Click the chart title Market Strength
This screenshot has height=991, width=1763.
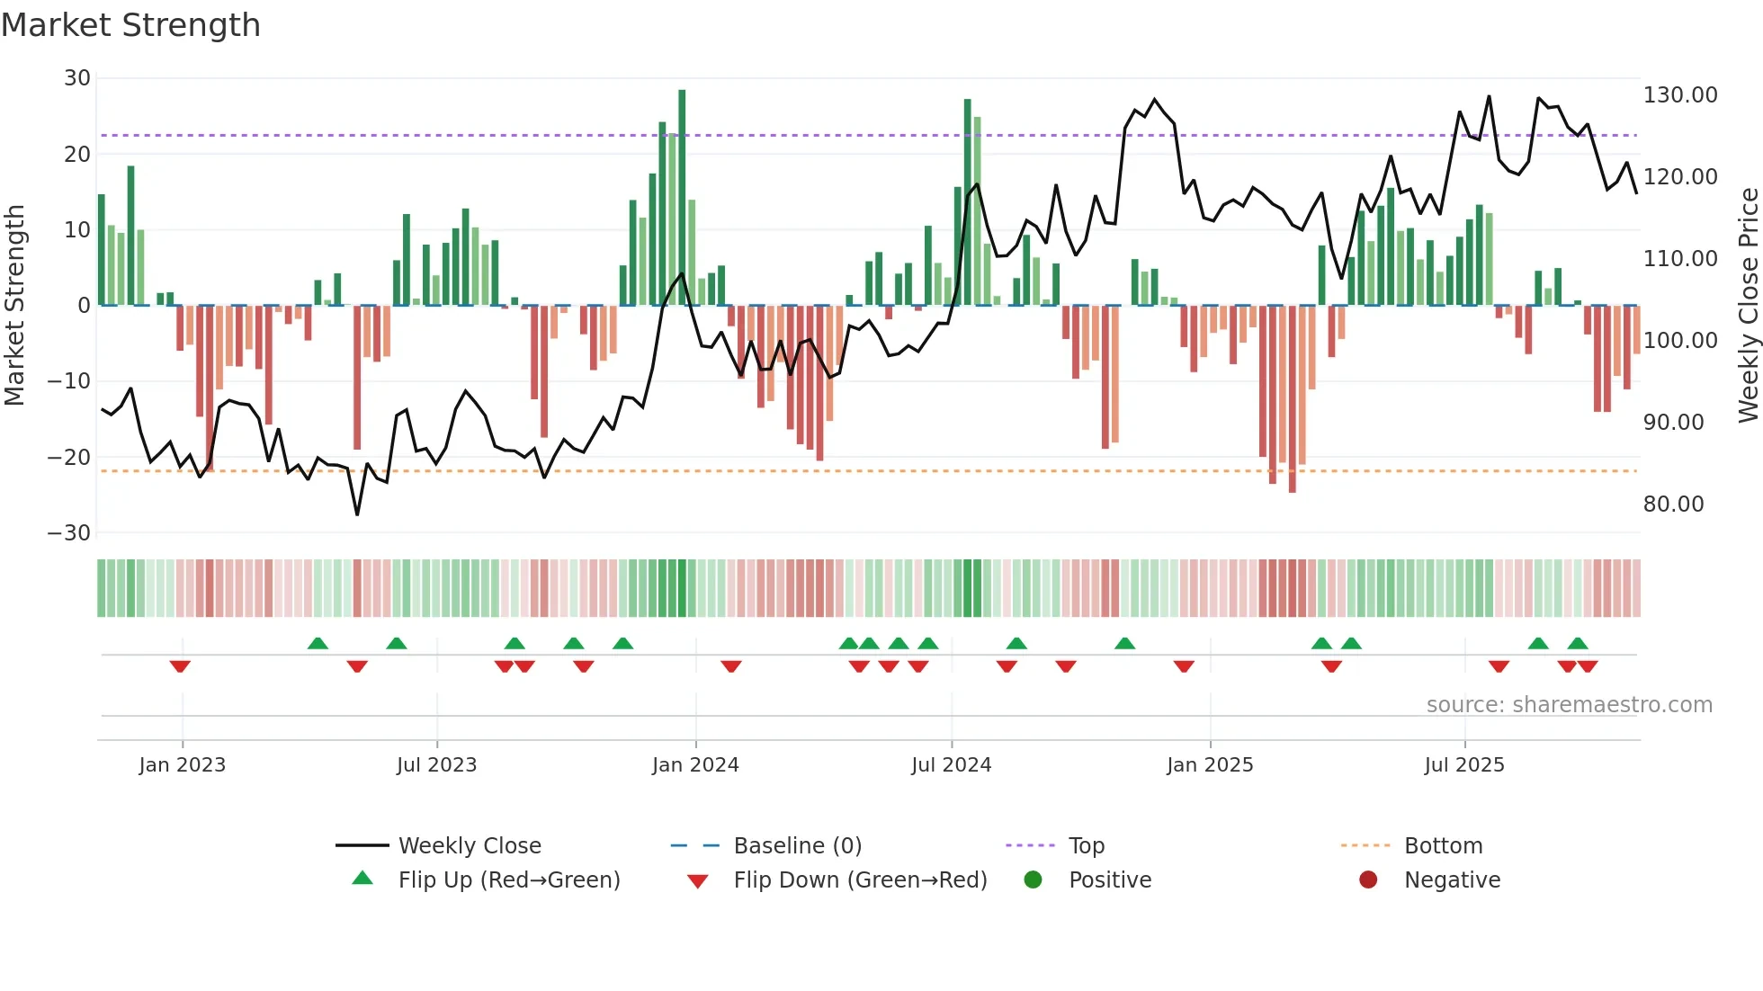pos(131,25)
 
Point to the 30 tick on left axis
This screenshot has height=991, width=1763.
pos(77,78)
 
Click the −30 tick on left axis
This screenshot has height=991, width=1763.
pos(70,533)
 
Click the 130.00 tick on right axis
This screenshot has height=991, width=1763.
pos(1679,95)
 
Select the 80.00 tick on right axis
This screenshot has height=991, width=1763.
pos(1673,504)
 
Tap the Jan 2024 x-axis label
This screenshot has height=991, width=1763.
pos(695,765)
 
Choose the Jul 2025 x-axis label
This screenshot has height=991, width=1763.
pos(1463,765)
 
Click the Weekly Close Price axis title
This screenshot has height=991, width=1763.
pos(1748,306)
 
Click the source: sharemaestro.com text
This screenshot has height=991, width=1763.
pos(1569,705)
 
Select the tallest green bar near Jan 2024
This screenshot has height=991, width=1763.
pos(682,198)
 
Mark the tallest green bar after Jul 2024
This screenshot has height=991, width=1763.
pos(968,202)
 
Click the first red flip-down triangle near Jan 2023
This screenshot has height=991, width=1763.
pos(180,666)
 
